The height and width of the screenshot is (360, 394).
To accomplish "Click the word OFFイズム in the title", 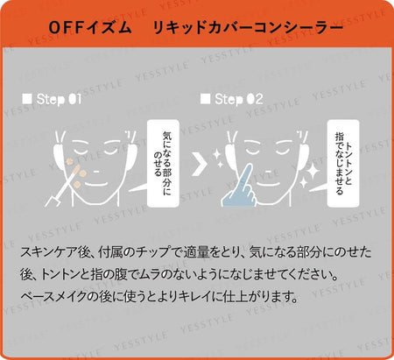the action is coord(90,28).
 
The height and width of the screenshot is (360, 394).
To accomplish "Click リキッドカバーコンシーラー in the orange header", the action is coord(248,28).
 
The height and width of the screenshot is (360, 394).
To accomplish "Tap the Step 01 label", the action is coord(59,99).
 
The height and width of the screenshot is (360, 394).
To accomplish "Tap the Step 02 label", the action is coord(239,99).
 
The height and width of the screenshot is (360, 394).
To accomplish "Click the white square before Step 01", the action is coord(27,99).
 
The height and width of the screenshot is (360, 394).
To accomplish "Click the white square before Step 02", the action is coord(205,99).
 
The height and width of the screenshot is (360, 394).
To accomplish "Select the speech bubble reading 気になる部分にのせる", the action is coord(163,163).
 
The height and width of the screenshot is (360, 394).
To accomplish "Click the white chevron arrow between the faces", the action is coord(199,165).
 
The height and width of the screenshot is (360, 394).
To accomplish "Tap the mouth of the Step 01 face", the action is coord(96,185).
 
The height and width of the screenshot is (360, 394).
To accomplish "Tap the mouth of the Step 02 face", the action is coord(270,185).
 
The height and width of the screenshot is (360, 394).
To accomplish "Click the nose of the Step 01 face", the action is coord(96,172).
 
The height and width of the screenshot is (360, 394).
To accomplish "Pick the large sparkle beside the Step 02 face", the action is coord(313,171).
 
